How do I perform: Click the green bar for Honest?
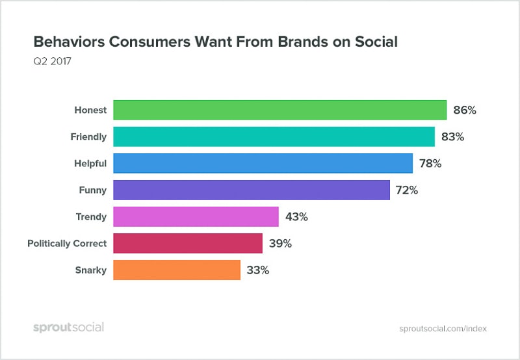[279, 110]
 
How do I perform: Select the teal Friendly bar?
[274, 136]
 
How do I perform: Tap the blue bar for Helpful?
[263, 163]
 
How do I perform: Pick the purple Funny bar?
[252, 190]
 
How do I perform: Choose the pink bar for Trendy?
[196, 216]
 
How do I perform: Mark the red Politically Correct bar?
[188, 243]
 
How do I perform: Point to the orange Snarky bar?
[177, 270]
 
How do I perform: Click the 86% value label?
[465, 110]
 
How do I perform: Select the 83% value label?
[453, 137]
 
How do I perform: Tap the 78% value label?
[431, 164]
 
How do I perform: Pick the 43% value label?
[296, 217]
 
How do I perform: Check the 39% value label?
[281, 244]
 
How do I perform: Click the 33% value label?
[258, 270]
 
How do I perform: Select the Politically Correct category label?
[66, 244]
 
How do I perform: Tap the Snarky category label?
[91, 270]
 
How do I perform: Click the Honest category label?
[90, 110]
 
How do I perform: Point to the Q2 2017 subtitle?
[53, 63]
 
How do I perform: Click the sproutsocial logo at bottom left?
[68, 328]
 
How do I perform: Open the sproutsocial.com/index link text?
[443, 329]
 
